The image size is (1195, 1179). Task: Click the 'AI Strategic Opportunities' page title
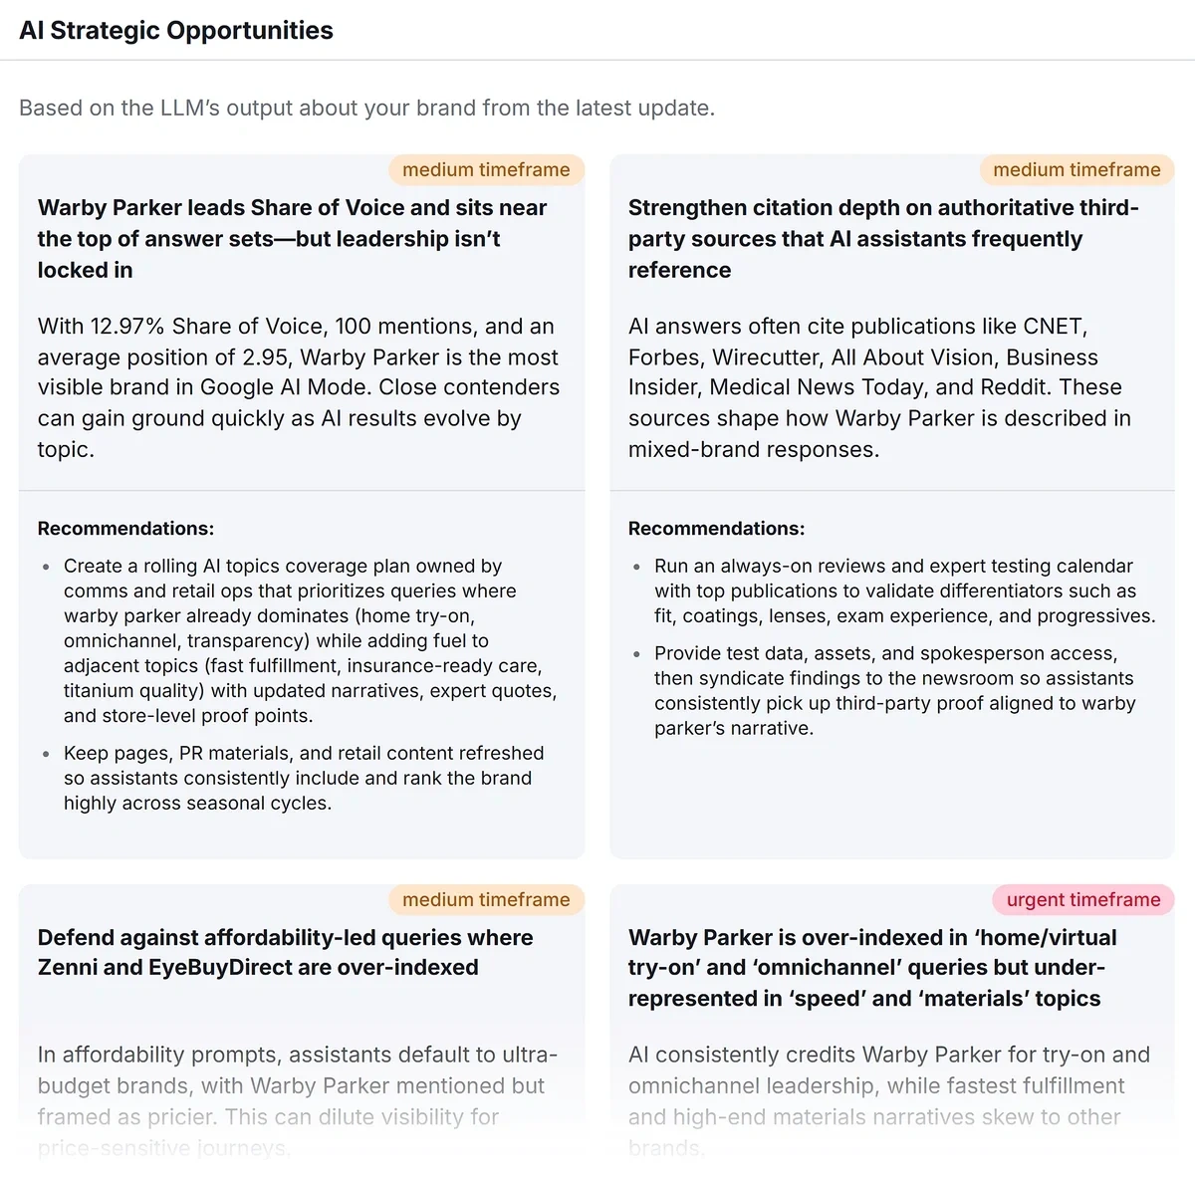tap(176, 30)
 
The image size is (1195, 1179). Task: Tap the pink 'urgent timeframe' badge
tap(1083, 899)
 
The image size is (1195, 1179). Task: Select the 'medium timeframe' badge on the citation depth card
tap(1076, 169)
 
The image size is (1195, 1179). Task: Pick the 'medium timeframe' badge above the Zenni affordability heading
tap(486, 899)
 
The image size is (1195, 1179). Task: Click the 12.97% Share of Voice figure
tap(123, 326)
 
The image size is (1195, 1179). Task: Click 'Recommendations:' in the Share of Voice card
tap(125, 529)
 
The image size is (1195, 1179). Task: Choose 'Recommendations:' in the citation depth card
tap(716, 529)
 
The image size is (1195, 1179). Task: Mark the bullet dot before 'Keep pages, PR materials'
tap(46, 754)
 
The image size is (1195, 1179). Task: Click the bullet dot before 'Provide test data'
tap(636, 654)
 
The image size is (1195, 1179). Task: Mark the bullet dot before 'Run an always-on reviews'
tap(636, 567)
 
